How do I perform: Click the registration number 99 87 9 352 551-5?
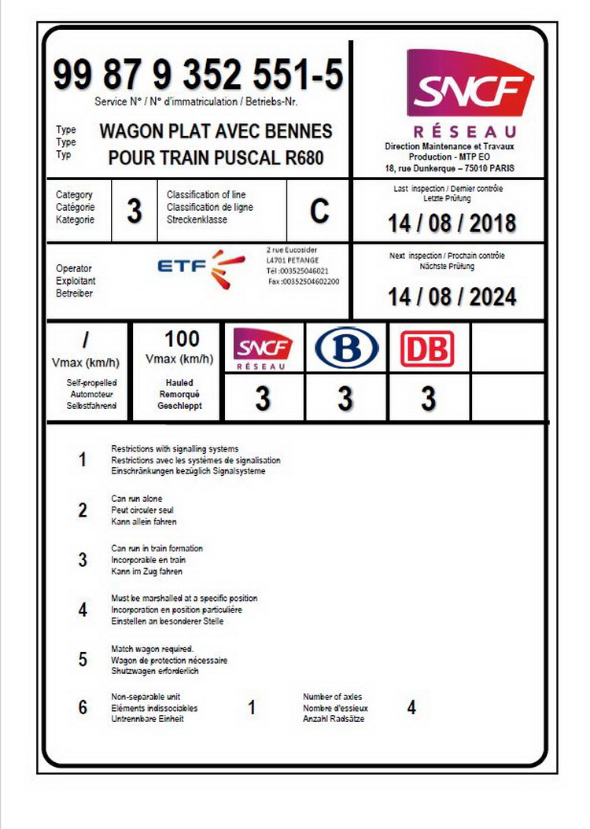coord(197,76)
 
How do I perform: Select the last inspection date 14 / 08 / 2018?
coord(452,223)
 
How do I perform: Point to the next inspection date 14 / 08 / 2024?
coord(452,297)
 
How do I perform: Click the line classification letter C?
coord(319,212)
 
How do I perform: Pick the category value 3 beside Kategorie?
coord(135,212)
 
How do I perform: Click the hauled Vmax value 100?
coord(182,339)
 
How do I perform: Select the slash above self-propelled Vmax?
coord(87,340)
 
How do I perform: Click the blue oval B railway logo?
coord(346,348)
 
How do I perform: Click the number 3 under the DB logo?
coord(428,399)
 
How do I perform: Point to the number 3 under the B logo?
coord(345,399)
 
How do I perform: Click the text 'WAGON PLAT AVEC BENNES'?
coord(216,131)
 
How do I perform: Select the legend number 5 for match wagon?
coord(83,659)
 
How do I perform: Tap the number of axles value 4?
coord(411,708)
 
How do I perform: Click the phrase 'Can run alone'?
coord(137,499)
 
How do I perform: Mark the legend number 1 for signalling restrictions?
coord(83,460)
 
